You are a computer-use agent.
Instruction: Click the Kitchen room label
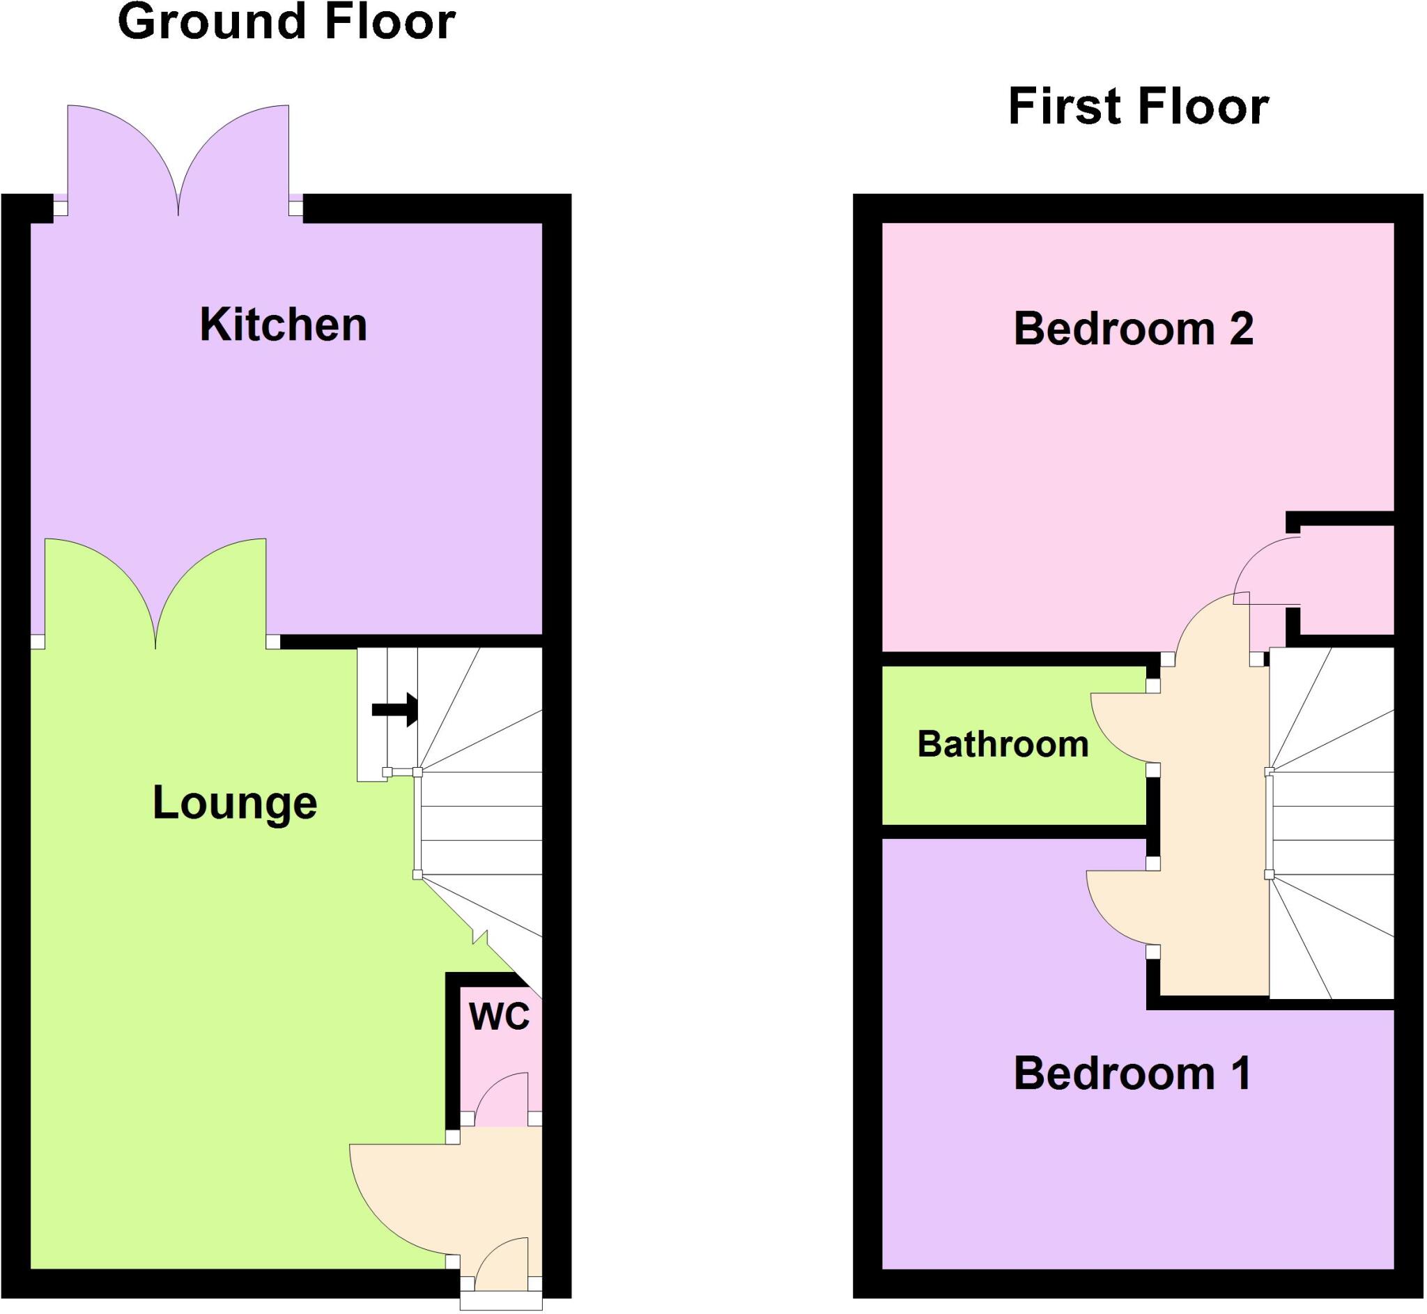(283, 325)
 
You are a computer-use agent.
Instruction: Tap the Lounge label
(235, 803)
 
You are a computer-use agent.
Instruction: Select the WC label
(499, 1016)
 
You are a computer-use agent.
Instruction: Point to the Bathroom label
(1003, 745)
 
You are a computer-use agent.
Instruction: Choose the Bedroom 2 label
(1134, 329)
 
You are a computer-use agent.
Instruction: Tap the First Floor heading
(1139, 107)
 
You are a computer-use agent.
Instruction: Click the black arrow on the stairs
(394, 709)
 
